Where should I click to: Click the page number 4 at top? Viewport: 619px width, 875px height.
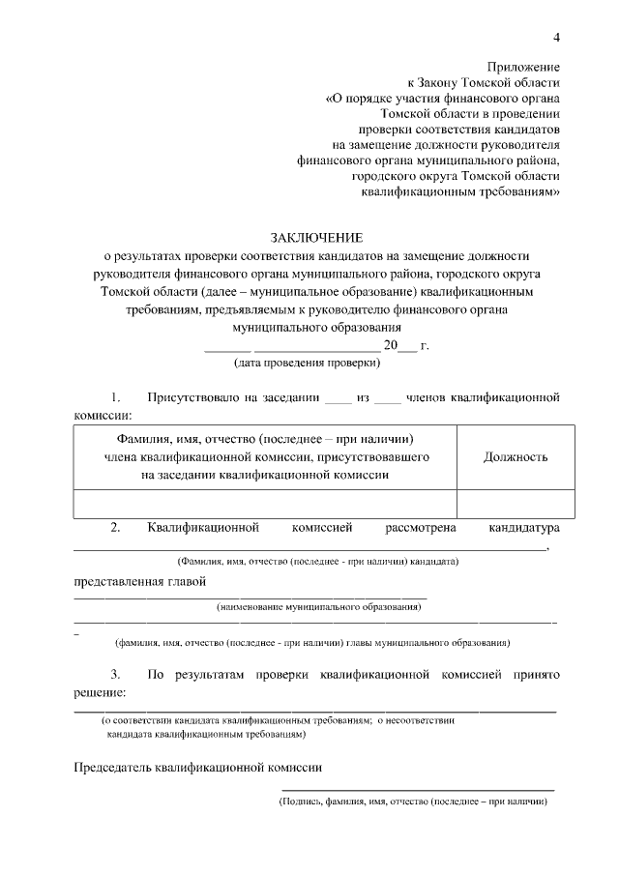click(556, 37)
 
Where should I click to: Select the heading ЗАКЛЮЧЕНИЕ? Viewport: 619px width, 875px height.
click(316, 238)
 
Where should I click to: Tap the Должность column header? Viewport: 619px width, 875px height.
click(516, 457)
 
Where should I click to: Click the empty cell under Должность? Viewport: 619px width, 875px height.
click(516, 504)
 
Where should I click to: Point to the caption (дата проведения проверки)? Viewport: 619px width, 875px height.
click(308, 364)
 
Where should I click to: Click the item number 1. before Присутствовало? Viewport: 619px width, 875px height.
click(116, 397)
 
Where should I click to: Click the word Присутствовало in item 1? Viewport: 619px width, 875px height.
click(192, 397)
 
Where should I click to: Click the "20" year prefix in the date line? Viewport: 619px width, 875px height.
click(391, 346)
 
